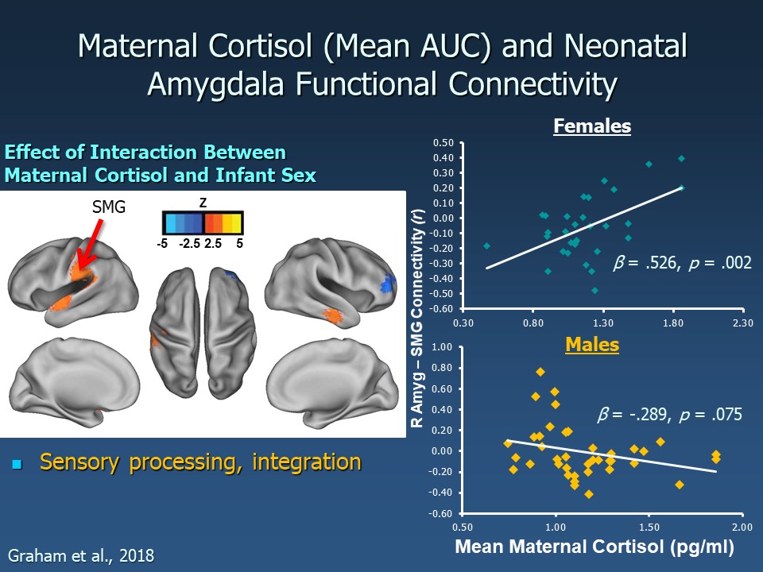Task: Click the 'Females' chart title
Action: pos(592,126)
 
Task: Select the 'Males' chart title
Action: pos(592,346)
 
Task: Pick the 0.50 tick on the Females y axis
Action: pos(442,143)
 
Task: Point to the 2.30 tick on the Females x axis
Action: pos(742,323)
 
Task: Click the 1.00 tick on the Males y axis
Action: pos(442,347)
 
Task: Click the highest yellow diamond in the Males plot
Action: pos(540,372)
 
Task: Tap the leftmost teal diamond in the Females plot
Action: pos(486,246)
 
